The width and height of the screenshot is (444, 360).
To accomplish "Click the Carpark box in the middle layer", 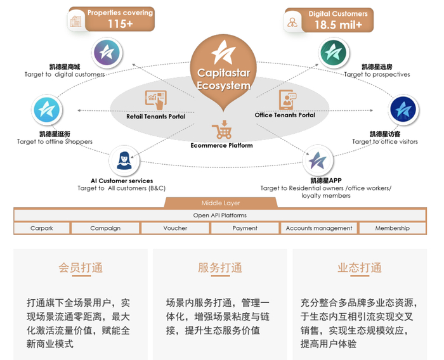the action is pos(41,228).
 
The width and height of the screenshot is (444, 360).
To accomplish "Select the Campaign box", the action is pos(105,228).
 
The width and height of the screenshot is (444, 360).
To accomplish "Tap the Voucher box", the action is pos(175,228).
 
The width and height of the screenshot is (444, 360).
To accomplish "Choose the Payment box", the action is pos(245,228).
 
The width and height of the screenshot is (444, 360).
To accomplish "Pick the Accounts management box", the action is pos(319,228).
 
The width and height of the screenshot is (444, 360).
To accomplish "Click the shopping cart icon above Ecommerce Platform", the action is pos(222,131).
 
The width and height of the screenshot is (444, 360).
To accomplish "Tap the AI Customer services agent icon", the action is pos(124,160).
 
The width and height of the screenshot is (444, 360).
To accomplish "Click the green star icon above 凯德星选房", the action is pos(334,53).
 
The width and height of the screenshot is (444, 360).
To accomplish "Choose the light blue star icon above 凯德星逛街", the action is pos(48,110).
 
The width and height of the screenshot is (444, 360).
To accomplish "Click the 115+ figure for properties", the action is pos(121,24).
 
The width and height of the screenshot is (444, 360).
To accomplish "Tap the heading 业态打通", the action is pos(360,268).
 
